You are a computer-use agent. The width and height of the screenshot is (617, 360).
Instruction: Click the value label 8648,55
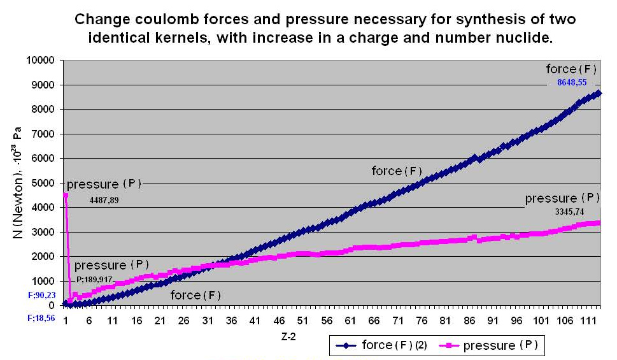[x=571, y=83]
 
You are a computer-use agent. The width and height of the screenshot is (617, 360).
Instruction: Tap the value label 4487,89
[x=105, y=199]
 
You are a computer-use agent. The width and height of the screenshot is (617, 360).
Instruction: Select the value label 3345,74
[x=569, y=212]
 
